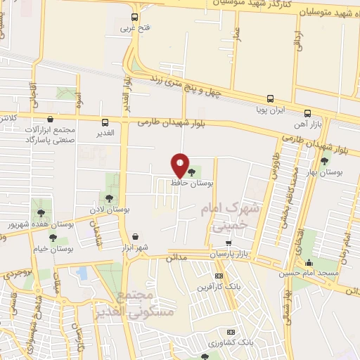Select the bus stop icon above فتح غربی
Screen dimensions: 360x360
(x=135, y=18)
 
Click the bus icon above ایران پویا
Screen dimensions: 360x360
(x=270, y=99)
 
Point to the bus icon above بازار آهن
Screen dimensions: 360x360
(x=307, y=113)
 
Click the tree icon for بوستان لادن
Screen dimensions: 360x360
(x=109, y=198)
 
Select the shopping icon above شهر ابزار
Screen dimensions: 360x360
(x=135, y=236)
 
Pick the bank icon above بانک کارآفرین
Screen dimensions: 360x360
(x=219, y=275)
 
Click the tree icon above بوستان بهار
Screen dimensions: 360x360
(x=324, y=160)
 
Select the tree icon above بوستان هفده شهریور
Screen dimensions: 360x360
(x=42, y=212)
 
